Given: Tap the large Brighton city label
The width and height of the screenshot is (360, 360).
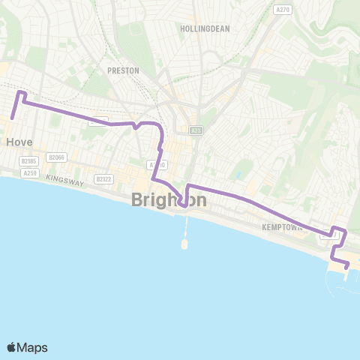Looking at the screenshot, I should point(169,199).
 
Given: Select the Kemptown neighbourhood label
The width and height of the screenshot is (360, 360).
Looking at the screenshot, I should point(282,226).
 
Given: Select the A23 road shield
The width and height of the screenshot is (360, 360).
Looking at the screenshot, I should point(196,130).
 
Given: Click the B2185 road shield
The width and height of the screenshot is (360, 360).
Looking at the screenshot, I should point(29,160).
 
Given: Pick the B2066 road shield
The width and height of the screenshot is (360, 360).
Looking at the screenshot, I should point(56,157).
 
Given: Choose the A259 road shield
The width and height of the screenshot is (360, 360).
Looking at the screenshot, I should point(30,173).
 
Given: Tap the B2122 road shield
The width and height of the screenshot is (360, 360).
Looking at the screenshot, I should point(103,179).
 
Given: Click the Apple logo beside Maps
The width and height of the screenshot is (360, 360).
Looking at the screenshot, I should point(11,347).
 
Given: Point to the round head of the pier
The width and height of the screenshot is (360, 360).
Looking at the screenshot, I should point(184,244).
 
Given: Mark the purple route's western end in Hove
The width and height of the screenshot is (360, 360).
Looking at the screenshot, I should point(13,118).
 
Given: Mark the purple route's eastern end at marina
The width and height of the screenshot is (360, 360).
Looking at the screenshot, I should point(348,265).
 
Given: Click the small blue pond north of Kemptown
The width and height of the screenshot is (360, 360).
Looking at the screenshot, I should point(238,174).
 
